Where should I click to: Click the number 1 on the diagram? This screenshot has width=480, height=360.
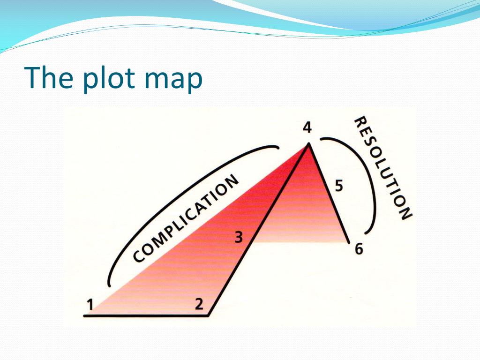(x=90, y=305)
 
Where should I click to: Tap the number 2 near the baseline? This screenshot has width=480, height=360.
(x=199, y=304)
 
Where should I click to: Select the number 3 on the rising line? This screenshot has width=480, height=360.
(x=239, y=238)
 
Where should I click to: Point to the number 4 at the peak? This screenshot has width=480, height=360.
(x=307, y=127)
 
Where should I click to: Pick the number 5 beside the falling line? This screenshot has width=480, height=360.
(x=338, y=186)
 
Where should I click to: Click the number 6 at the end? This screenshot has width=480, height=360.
(x=359, y=249)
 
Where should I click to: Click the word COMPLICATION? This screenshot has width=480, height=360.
(x=186, y=219)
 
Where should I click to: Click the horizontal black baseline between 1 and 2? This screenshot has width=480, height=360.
(x=145, y=316)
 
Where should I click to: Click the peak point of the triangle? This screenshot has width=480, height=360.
(x=308, y=144)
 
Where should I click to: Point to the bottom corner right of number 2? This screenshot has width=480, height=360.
(x=209, y=315)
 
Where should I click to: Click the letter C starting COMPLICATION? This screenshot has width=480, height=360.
(x=138, y=256)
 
